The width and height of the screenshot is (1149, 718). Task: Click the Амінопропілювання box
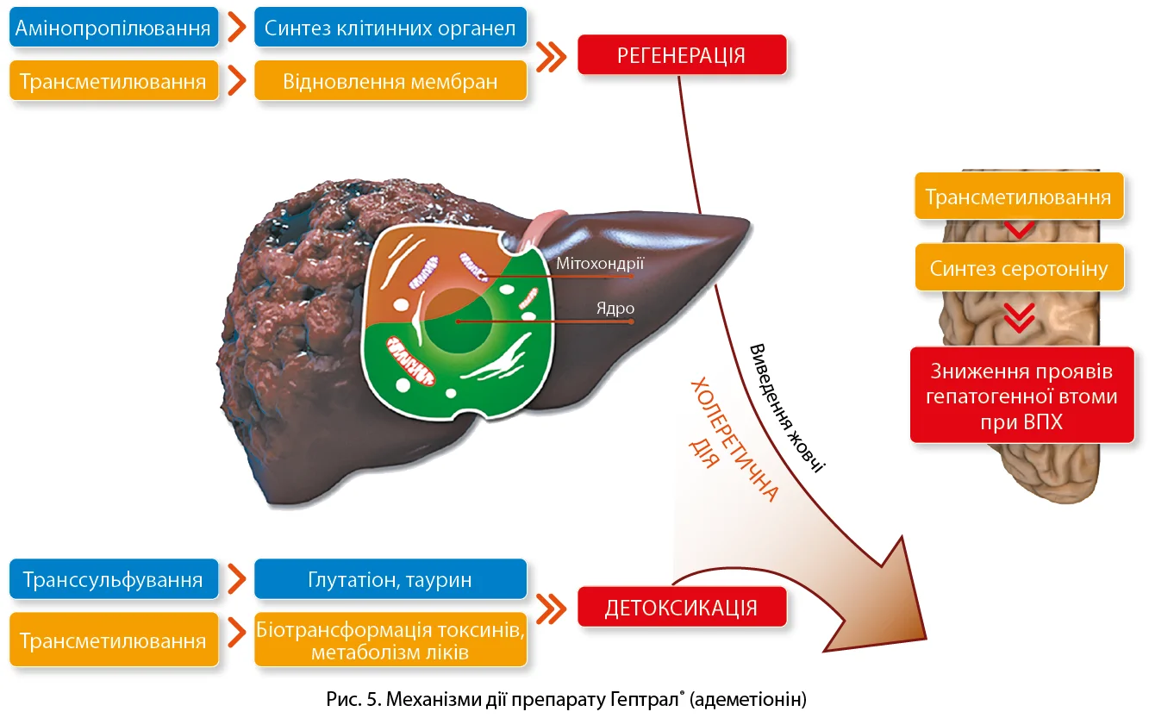click(x=113, y=28)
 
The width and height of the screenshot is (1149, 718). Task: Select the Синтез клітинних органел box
click(x=390, y=28)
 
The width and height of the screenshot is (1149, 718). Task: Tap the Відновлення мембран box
click(x=390, y=82)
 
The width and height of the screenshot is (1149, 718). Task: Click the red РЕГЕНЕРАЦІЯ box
click(x=681, y=55)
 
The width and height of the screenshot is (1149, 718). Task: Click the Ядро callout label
click(x=615, y=308)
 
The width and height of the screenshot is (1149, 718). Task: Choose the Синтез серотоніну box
click(x=1018, y=268)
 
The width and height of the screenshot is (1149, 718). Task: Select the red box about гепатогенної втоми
click(x=1021, y=396)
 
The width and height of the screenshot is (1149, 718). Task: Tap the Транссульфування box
click(x=113, y=579)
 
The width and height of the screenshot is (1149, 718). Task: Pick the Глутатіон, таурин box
click(x=390, y=579)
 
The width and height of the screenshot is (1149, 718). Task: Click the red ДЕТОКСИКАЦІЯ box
click(x=681, y=607)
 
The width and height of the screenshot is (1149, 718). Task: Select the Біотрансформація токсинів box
click(x=390, y=640)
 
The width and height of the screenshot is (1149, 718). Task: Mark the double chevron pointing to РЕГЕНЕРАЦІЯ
click(x=551, y=56)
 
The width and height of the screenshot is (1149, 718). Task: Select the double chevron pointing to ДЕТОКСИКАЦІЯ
click(x=551, y=607)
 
